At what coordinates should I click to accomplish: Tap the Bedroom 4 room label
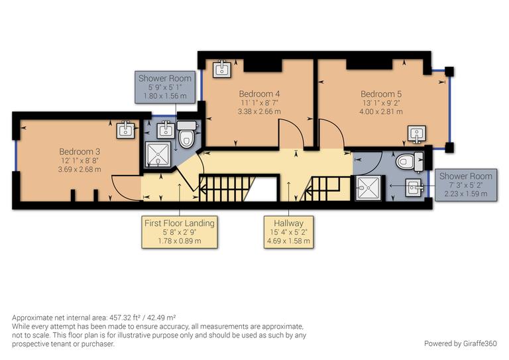tap(259, 94)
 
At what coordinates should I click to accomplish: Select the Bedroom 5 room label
tap(381, 94)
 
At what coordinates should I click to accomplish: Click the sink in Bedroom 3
tap(127, 130)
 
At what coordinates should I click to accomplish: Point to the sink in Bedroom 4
tap(221, 68)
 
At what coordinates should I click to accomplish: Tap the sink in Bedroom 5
tap(417, 135)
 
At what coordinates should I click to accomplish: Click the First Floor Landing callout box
tap(180, 231)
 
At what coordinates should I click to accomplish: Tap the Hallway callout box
tap(286, 231)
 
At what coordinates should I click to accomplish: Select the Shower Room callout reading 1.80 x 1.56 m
tap(165, 87)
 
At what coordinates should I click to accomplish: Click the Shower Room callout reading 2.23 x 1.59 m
tap(465, 185)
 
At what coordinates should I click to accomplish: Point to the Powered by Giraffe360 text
tap(460, 343)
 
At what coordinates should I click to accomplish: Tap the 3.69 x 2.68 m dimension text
tap(80, 170)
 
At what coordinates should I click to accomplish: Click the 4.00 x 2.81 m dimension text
tap(381, 113)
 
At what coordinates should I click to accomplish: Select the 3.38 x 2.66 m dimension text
tap(259, 112)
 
